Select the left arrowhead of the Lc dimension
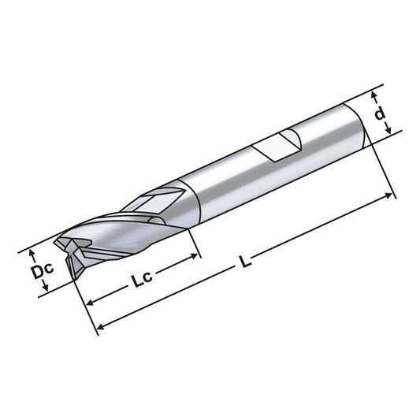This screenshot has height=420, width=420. click(89, 303)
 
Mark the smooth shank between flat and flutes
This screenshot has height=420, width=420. click(229, 177)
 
